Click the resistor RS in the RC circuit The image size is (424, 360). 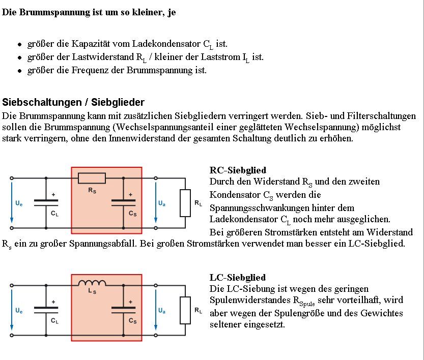tap(92, 178)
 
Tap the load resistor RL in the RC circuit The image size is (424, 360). tap(185, 202)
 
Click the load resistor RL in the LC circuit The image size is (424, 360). tap(185, 309)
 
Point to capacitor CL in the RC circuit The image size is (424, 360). tap(46, 202)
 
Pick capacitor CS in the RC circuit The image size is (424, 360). tap(123, 202)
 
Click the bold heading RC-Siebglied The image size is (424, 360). tap(238, 170)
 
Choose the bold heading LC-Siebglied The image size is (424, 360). tap(238, 278)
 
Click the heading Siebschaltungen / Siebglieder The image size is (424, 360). tap(73, 102)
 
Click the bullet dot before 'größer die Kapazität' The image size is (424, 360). tap(19, 45)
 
